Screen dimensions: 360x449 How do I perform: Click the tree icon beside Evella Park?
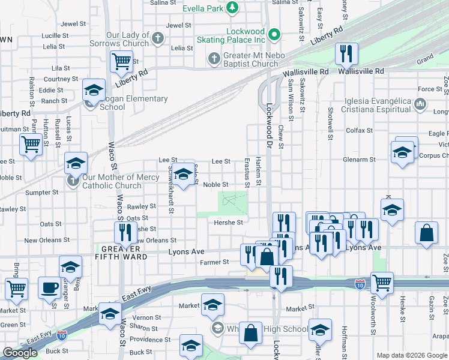(232, 8)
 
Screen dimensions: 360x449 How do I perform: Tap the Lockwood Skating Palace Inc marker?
(274, 34)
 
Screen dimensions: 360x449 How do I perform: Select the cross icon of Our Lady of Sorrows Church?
(158, 39)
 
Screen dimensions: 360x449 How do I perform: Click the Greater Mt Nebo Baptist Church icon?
(213, 59)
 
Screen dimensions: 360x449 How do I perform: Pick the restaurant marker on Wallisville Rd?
(346, 54)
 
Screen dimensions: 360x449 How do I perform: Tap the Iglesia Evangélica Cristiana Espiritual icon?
(420, 105)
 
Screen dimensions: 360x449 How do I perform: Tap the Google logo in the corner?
(20, 353)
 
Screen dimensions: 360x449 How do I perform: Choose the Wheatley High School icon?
(218, 328)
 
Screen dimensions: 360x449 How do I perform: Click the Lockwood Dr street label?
(268, 120)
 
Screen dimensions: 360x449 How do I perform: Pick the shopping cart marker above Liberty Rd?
(121, 61)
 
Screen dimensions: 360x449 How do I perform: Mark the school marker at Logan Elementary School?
(93, 91)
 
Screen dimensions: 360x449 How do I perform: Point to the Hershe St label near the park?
(228, 222)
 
